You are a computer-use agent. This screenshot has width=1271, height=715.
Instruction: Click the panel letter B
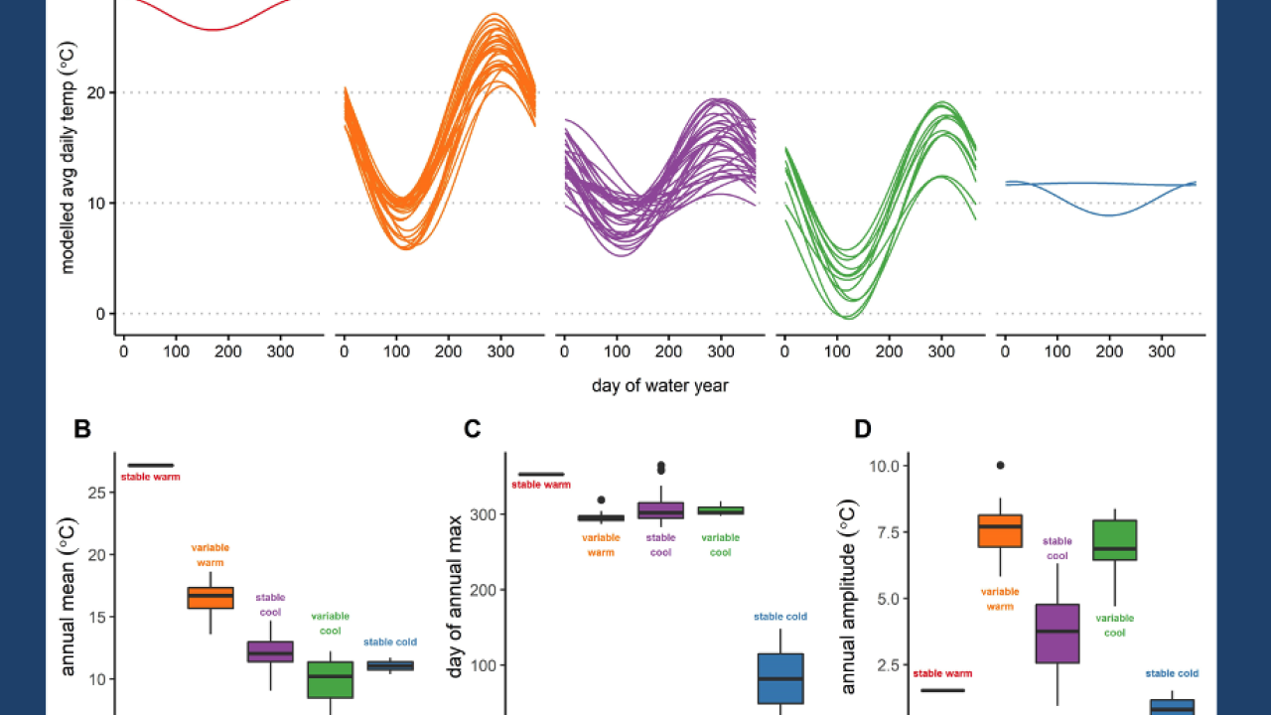[x=82, y=429]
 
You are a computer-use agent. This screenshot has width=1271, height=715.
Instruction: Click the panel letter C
[x=473, y=429]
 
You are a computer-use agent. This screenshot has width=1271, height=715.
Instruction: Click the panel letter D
[x=863, y=429]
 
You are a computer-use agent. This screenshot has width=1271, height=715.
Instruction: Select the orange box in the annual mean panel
[x=211, y=597]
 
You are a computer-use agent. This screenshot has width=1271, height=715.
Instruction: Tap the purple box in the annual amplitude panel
[x=1058, y=633]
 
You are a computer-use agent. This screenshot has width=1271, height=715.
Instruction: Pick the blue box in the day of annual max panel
[x=780, y=678]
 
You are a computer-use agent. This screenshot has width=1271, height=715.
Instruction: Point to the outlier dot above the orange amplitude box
[x=1000, y=465]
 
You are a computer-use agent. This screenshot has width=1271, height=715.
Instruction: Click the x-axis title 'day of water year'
[x=660, y=385]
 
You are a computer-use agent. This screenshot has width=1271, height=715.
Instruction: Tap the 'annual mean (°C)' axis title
[x=69, y=596]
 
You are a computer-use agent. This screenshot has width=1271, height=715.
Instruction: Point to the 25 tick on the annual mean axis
[x=95, y=493]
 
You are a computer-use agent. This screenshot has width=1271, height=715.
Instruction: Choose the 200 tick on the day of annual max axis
[x=484, y=590]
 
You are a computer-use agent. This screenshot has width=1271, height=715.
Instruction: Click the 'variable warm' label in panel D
[x=1000, y=599]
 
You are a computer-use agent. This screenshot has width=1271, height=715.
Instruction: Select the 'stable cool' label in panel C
[x=660, y=545]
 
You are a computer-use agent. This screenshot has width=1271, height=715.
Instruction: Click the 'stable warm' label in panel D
[x=941, y=674]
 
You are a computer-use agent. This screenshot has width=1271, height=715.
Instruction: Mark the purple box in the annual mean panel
[x=270, y=651]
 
